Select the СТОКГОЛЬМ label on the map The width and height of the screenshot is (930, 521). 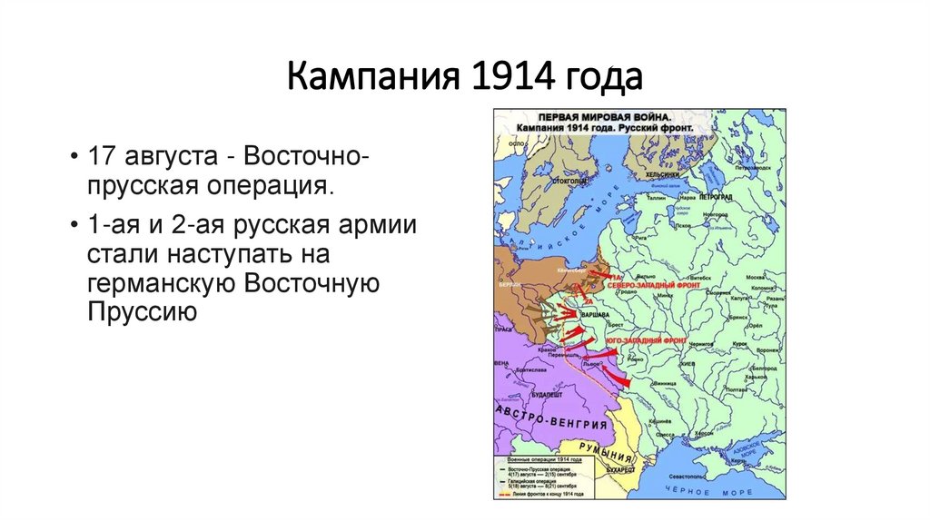click(x=563, y=180)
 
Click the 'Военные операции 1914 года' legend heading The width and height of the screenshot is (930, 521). click(x=542, y=462)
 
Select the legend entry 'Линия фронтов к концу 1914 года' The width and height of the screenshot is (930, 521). click(x=549, y=495)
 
